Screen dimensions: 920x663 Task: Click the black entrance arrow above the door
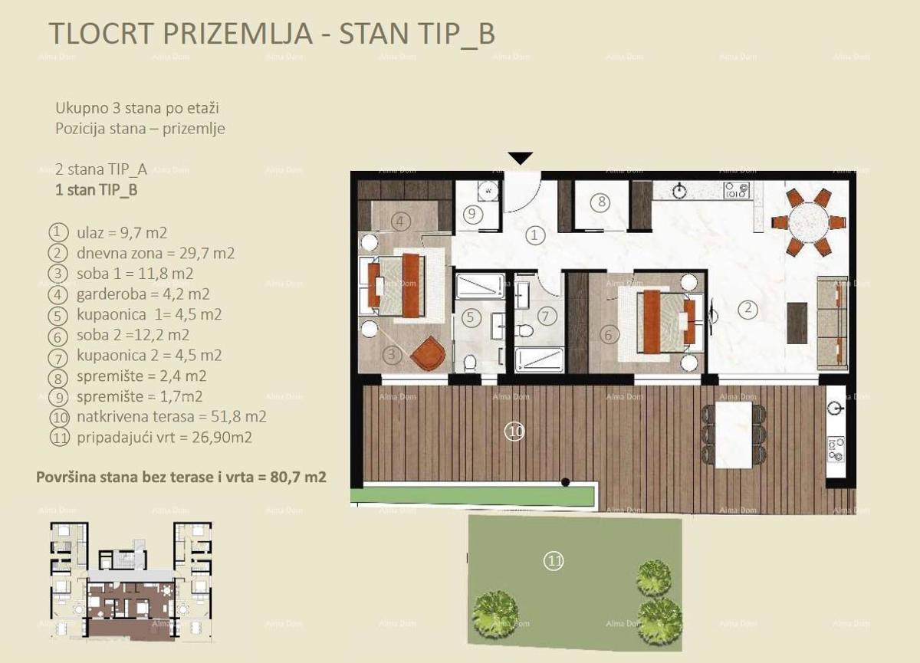pos(521,158)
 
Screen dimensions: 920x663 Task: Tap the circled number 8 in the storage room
pos(601,202)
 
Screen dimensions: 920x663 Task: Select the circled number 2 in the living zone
pos(747,308)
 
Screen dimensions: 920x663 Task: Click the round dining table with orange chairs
pos(809,222)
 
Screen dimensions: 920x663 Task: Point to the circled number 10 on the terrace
pos(514,431)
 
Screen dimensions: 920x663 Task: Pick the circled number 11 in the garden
pos(554,561)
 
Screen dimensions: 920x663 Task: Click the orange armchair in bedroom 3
pos(428,353)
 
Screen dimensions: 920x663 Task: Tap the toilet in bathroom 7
pos(524,330)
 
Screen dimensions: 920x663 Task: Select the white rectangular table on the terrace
pos(734,435)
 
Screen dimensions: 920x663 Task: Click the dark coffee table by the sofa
pos(797,323)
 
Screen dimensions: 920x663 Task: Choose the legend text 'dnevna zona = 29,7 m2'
pos(156,253)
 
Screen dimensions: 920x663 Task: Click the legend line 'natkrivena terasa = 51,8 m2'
pos(172,417)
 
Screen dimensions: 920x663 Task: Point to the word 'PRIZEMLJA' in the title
pos(238,33)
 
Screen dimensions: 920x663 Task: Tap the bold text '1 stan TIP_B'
pos(97,190)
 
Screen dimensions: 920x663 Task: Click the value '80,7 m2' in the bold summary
pos(298,477)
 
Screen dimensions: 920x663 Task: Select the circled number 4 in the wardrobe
pos(400,222)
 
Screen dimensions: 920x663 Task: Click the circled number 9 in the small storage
pos(472,214)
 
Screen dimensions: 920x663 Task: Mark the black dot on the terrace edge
pos(566,482)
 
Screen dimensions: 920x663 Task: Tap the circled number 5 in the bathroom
pos(470,317)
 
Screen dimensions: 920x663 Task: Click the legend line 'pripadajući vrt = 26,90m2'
pos(164,437)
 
